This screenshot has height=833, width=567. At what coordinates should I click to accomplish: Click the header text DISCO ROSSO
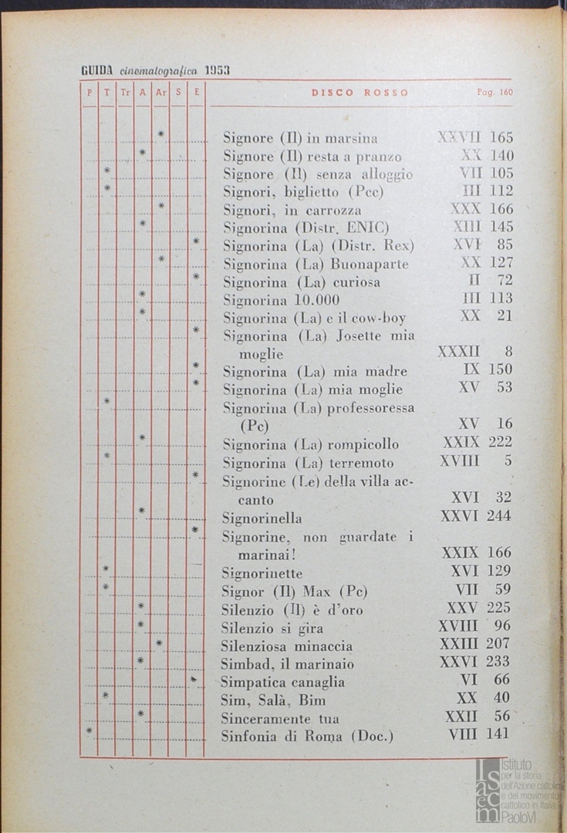click(359, 93)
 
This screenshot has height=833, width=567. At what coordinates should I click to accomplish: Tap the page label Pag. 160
click(494, 93)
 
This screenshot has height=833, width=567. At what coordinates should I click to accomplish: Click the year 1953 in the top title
click(217, 71)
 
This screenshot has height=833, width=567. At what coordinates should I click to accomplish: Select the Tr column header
click(125, 93)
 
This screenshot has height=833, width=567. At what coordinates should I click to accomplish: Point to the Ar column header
click(160, 93)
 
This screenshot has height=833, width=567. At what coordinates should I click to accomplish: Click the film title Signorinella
click(262, 518)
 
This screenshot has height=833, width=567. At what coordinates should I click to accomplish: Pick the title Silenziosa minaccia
click(286, 646)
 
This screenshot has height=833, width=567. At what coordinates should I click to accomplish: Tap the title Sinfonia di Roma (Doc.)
click(307, 736)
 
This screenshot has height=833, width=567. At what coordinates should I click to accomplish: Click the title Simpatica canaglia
click(282, 682)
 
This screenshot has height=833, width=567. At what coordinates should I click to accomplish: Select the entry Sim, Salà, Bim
click(273, 700)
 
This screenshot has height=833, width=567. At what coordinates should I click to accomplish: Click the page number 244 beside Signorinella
click(498, 516)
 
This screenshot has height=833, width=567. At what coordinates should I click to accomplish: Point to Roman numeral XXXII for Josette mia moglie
click(459, 352)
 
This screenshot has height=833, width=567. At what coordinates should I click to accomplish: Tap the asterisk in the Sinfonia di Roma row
click(89, 730)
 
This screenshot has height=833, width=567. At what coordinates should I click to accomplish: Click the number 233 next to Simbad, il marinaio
click(498, 661)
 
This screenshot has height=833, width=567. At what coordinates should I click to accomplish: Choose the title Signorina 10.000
click(281, 300)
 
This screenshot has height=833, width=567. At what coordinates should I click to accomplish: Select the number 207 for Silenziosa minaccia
click(498, 643)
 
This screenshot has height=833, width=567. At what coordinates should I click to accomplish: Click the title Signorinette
click(262, 573)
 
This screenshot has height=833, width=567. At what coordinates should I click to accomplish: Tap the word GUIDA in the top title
click(97, 71)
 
